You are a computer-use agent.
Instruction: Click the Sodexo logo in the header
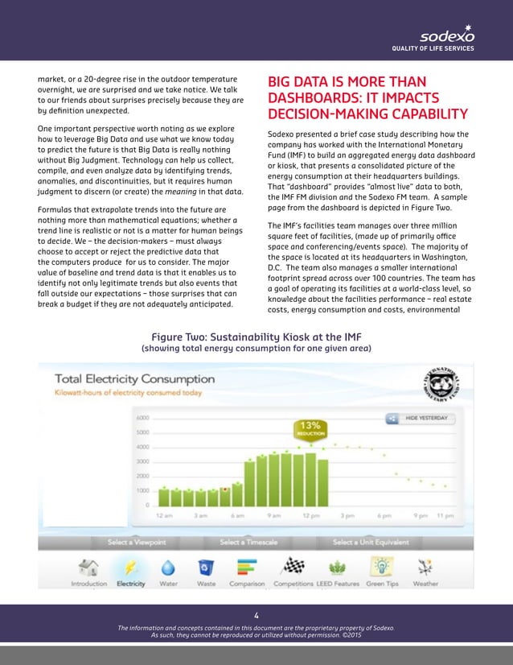[447, 36]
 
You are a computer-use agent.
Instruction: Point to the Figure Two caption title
[256, 336]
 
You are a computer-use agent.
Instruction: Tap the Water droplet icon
[169, 566]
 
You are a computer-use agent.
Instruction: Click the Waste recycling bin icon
[207, 567]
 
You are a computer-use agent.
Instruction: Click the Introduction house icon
[89, 567]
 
